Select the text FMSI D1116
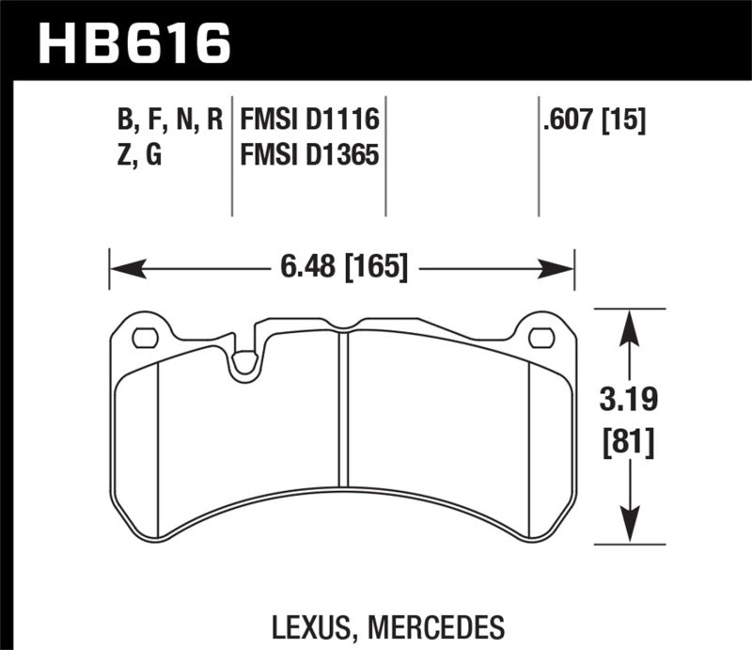pyautogui.click(x=309, y=120)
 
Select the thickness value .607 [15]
pyautogui.click(x=592, y=120)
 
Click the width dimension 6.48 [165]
pyautogui.click(x=342, y=269)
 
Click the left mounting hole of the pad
pyautogui.click(x=145, y=337)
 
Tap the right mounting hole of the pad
pyautogui.click(x=540, y=337)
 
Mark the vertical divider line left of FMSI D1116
pyautogui.click(x=232, y=155)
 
